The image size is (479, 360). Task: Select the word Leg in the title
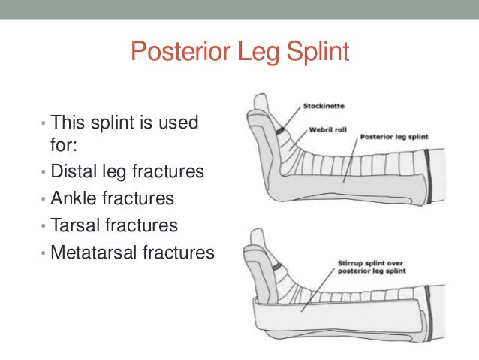click(254, 53)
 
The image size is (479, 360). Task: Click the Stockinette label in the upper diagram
click(324, 106)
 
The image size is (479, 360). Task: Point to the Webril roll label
click(326, 129)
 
